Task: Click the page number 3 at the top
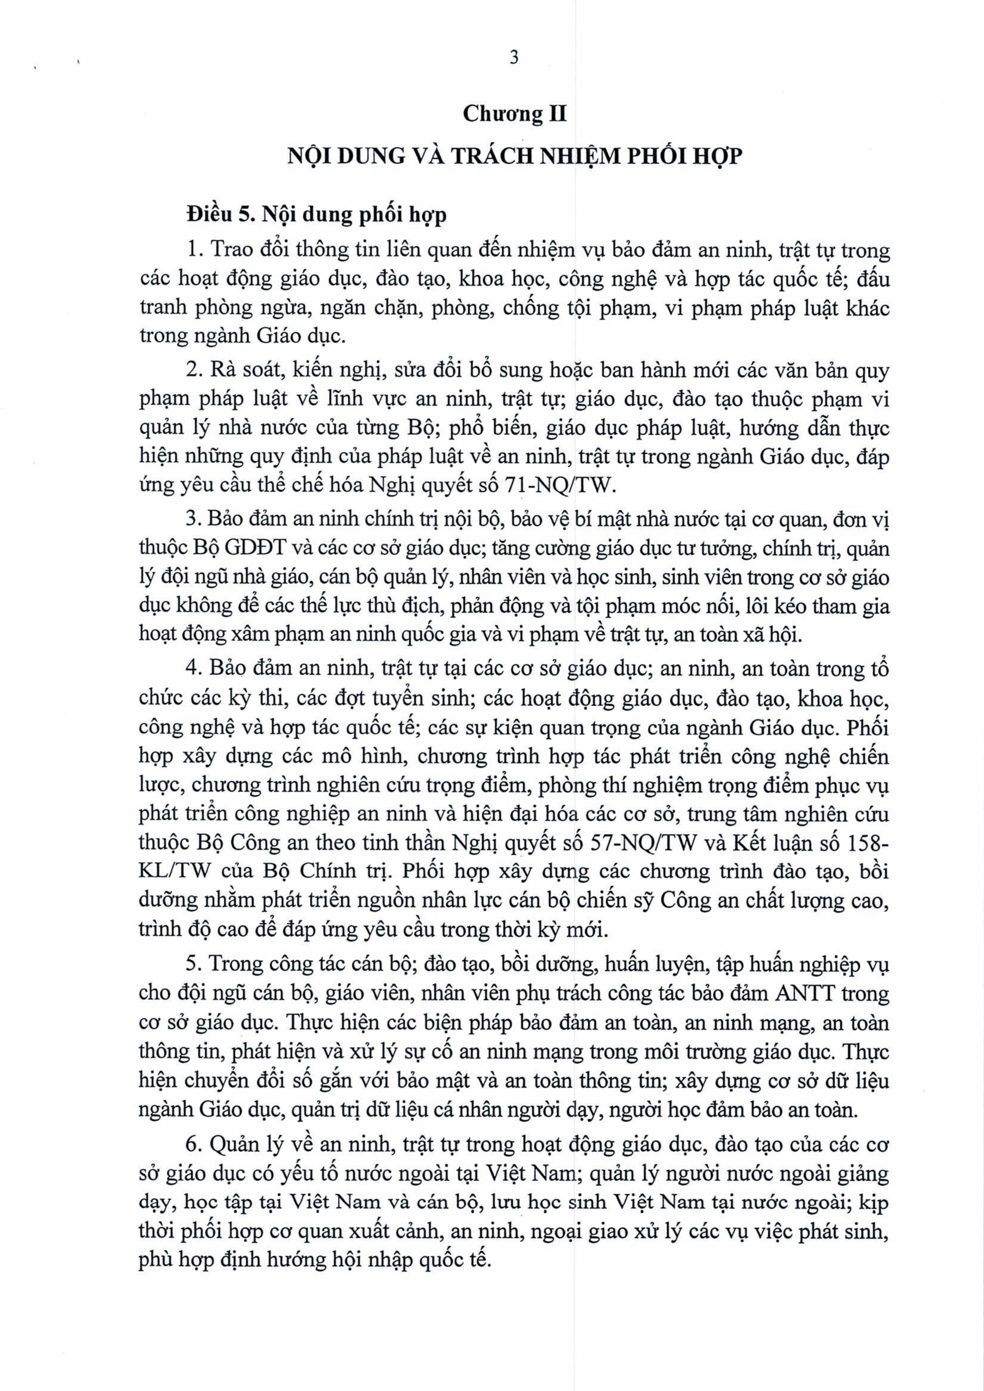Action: tap(514, 58)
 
